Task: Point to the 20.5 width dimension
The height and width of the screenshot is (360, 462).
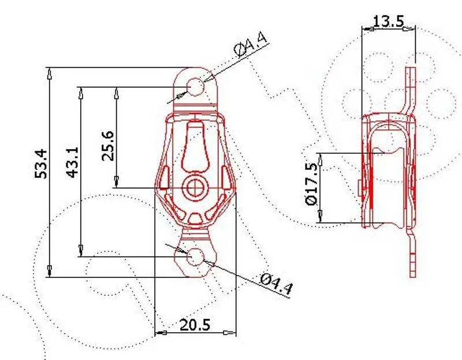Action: pyautogui.click(x=195, y=325)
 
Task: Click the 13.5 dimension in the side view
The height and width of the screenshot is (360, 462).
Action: pyautogui.click(x=388, y=21)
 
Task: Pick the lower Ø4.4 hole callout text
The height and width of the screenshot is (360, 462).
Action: pyautogui.click(x=275, y=285)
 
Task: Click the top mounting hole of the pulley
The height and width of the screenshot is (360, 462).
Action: pyautogui.click(x=196, y=86)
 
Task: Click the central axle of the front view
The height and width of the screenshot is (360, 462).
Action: pyautogui.click(x=196, y=187)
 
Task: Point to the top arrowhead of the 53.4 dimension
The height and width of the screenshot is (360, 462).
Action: pyautogui.click(x=50, y=72)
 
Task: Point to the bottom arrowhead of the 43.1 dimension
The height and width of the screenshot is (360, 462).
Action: pyautogui.click(x=81, y=251)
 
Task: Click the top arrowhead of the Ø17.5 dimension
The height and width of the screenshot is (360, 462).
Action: pyautogui.click(x=321, y=158)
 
